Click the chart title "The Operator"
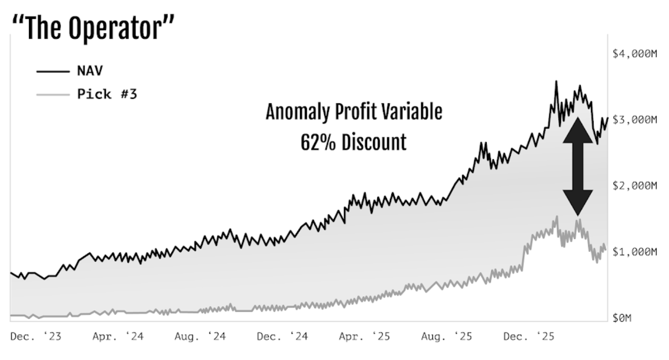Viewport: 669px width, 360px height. pos(93,28)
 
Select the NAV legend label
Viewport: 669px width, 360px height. pos(90,71)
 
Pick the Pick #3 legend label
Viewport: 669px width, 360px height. pos(107,94)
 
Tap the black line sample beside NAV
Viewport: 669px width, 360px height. pos(53,71)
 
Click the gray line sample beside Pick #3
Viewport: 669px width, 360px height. pos(53,94)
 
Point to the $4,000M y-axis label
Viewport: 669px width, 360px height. pos(635,54)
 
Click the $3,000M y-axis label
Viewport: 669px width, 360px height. pos(635,120)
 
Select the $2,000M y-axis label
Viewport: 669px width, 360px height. pos(635,186)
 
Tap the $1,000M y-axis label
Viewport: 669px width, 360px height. pos(635,251)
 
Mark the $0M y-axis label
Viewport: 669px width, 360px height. pos(622,318)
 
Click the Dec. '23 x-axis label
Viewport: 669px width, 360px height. pos(36,336)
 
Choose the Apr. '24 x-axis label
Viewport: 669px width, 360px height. pos(118,336)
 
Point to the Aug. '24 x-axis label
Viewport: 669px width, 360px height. pos(200,336)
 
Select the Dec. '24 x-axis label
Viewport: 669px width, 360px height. pos(282,336)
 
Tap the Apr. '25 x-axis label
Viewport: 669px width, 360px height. pos(364,336)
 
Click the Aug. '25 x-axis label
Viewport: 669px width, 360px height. pos(447,336)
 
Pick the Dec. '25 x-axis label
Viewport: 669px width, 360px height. pos(529,336)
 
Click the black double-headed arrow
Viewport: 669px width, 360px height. pos(578,166)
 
